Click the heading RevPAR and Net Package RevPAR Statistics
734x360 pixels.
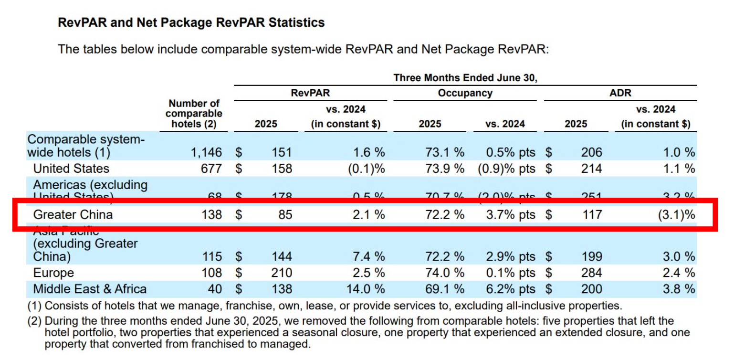pos(191,22)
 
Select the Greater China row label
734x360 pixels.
pos(73,214)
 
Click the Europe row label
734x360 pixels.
pos(53,273)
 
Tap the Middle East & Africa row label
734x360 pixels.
pos(90,289)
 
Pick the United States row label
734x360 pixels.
pos(71,169)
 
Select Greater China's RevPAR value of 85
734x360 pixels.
pos(285,214)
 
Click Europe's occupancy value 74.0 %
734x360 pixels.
pos(444,273)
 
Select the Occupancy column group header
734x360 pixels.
pos(465,93)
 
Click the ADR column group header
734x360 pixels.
pos(620,93)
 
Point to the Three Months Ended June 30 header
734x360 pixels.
pos(465,78)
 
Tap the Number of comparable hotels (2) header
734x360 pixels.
pos(194,114)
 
